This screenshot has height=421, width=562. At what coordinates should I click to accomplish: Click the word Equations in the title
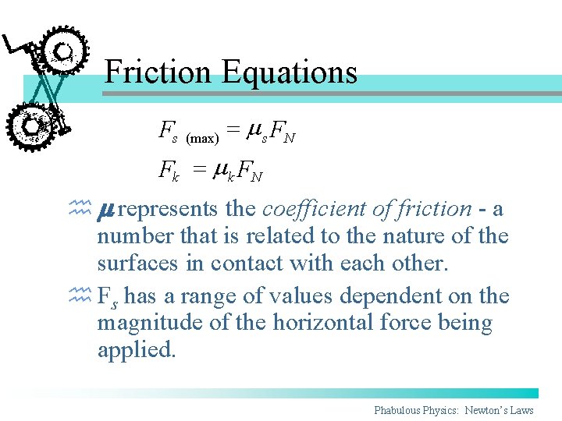(x=290, y=72)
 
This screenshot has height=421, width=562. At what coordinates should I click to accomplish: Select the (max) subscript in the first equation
(x=201, y=138)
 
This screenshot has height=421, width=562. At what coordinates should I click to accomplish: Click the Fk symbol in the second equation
(x=169, y=169)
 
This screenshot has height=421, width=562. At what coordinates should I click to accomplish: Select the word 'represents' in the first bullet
(x=168, y=209)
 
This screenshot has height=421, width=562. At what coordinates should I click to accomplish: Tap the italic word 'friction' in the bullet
(x=435, y=208)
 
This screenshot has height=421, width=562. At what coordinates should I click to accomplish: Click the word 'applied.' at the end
(x=137, y=350)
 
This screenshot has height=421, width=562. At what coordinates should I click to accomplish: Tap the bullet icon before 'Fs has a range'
(x=80, y=295)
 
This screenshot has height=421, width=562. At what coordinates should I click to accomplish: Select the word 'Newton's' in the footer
(x=491, y=410)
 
